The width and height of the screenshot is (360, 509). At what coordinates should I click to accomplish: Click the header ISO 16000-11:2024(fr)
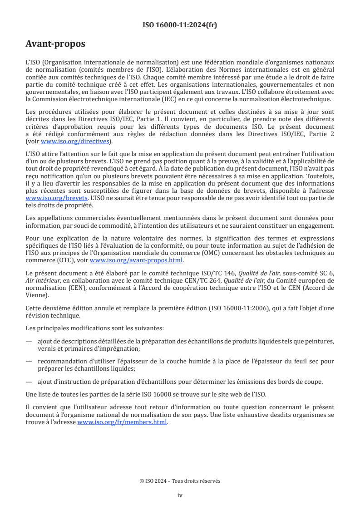[180, 25]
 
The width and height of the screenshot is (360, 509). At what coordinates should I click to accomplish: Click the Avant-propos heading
[55, 44]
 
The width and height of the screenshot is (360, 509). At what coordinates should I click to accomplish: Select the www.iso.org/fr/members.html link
[123, 422]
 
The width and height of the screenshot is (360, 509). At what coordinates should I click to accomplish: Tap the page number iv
[180, 495]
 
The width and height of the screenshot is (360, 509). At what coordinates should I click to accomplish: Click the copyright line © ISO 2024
[180, 481]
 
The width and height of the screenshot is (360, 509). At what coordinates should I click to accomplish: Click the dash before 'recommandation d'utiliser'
[29, 361]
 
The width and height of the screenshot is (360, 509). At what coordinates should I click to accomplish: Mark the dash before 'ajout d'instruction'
[29, 382]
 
